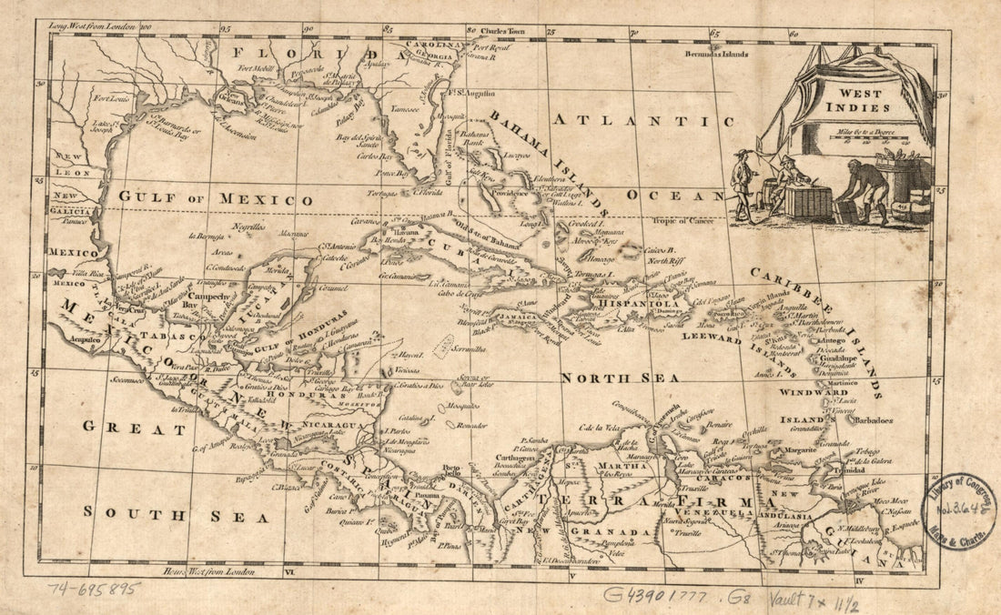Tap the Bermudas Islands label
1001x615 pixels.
(x=717, y=54)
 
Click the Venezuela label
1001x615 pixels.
(x=697, y=511)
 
